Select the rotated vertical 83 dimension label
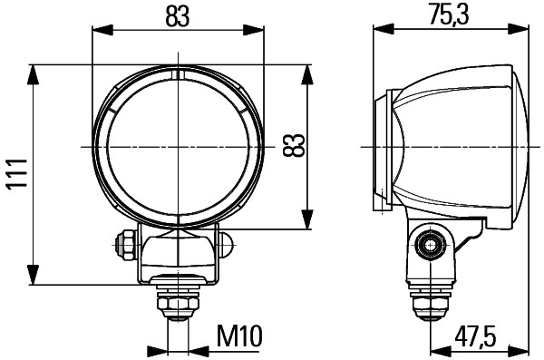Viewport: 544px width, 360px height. (293, 145)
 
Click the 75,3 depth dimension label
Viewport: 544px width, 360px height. (451, 16)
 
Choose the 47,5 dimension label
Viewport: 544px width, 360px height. (476, 336)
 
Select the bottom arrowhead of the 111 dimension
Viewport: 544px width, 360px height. (34, 277)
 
